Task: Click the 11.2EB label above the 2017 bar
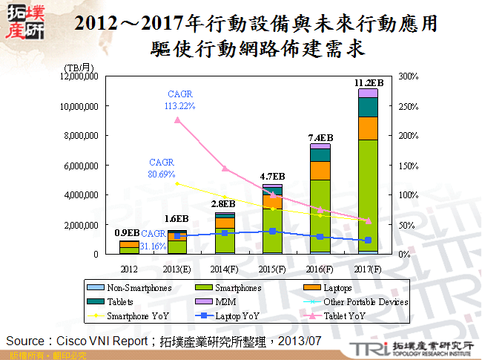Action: click(369, 82)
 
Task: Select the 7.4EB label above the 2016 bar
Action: click(320, 137)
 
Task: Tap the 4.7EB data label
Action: click(272, 177)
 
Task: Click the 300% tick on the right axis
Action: click(409, 76)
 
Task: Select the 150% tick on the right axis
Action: click(409, 165)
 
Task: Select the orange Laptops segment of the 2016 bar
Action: click(320, 170)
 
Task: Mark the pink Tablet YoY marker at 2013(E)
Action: click(176, 120)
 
